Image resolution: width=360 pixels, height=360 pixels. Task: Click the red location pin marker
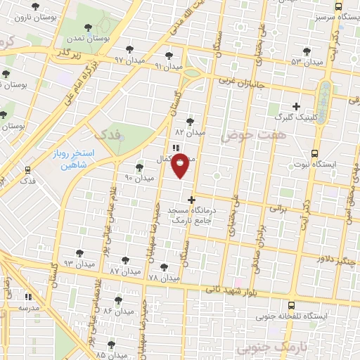(181, 165)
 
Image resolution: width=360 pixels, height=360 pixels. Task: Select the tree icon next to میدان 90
(139, 167)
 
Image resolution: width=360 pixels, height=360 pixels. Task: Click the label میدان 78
(164, 278)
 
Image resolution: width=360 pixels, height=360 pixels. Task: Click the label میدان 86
(117, 310)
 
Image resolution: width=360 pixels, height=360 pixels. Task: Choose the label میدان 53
(307, 62)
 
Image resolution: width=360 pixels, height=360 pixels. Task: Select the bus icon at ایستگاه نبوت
(314, 153)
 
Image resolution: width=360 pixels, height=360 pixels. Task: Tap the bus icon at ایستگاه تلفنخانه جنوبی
(292, 305)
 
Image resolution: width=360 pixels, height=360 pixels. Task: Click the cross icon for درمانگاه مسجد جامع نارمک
(191, 200)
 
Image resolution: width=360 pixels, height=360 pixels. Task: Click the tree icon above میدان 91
(168, 54)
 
